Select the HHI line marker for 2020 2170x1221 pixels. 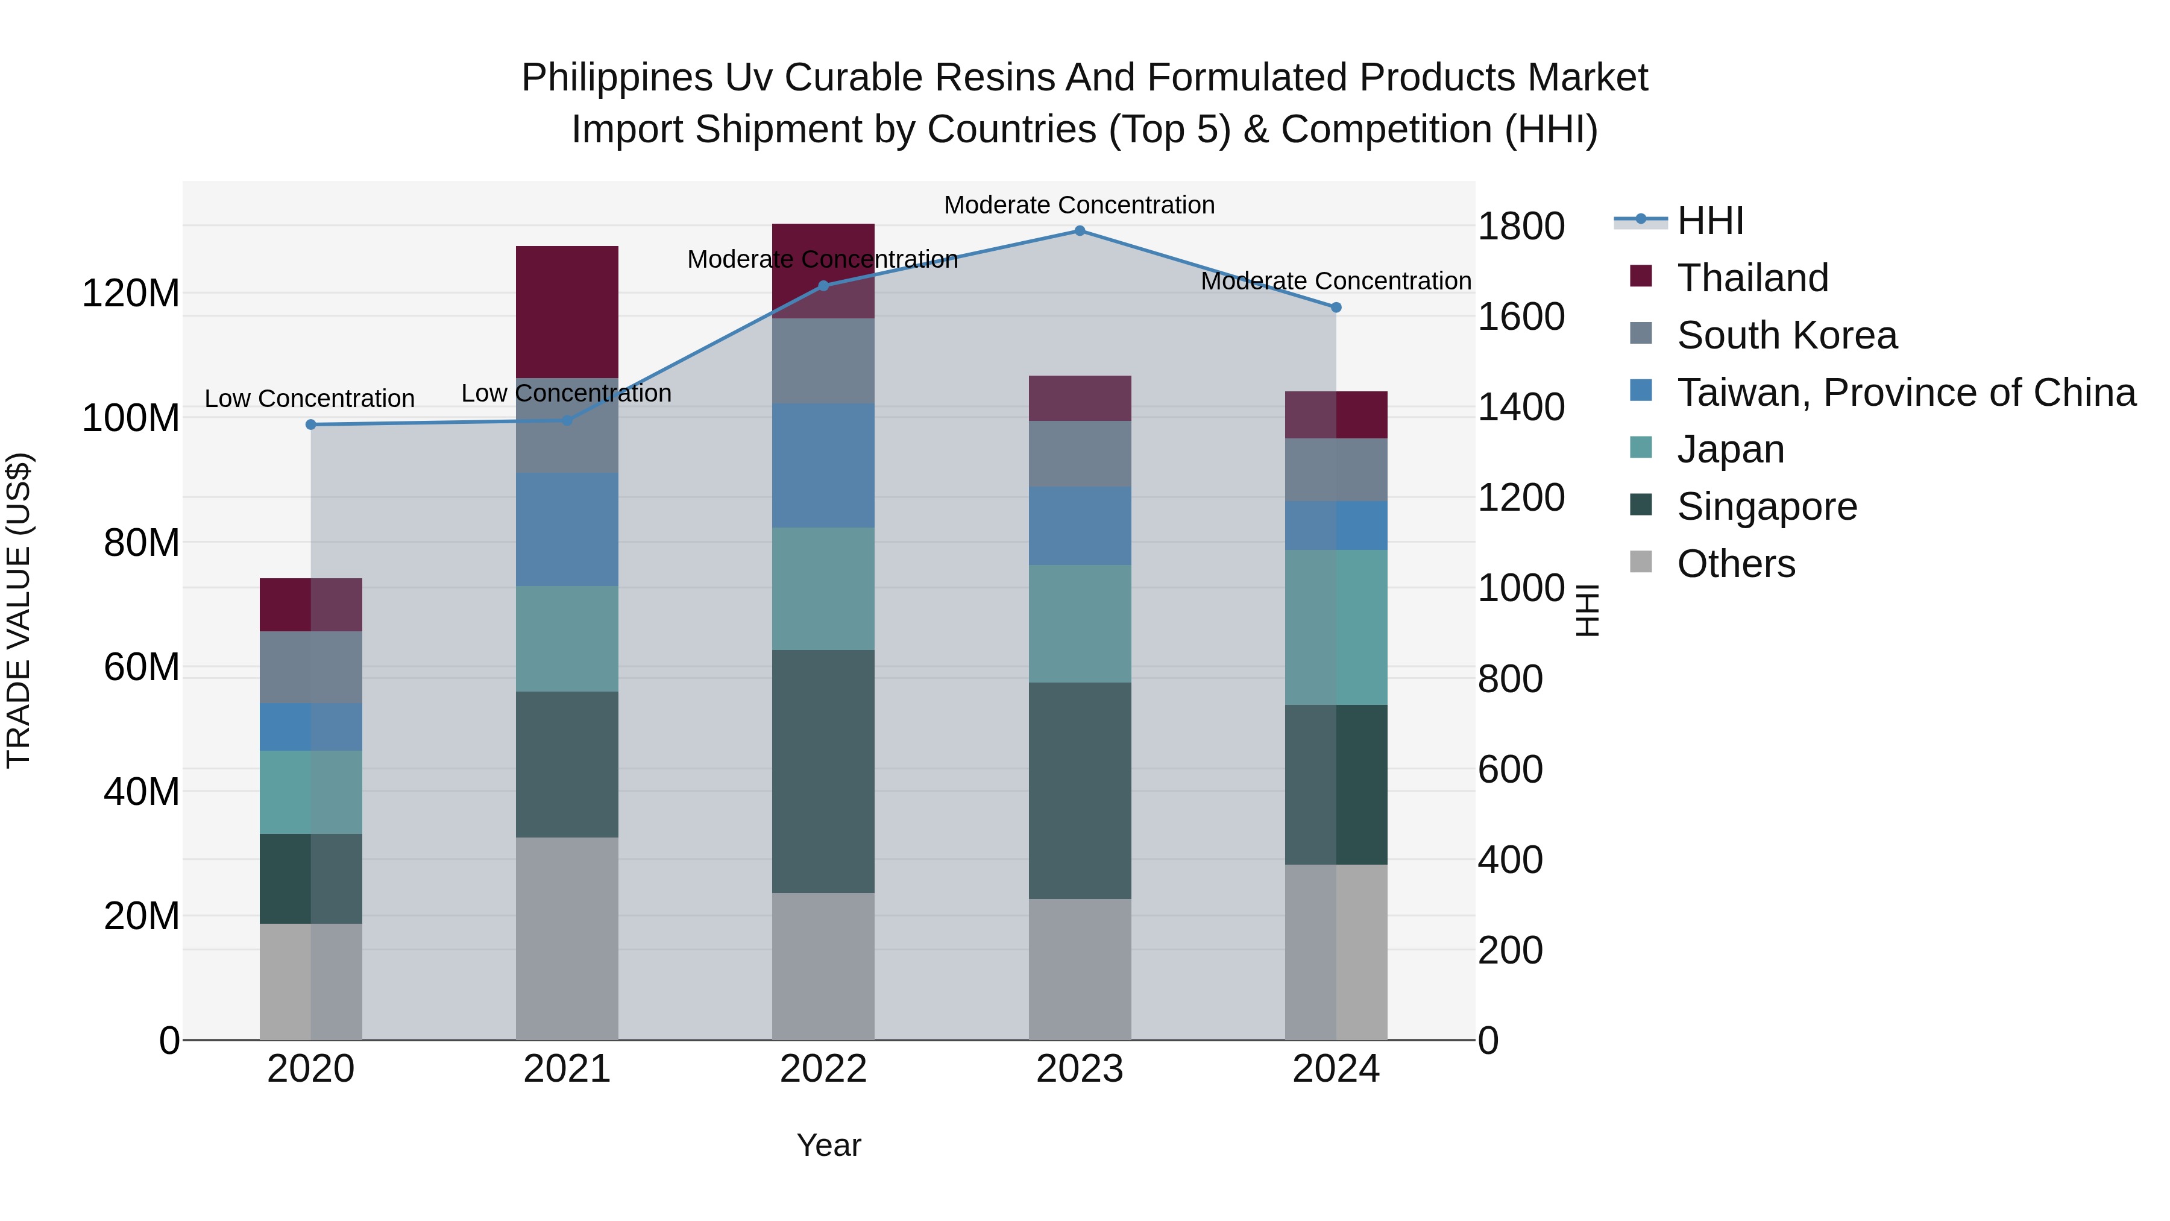[x=311, y=424]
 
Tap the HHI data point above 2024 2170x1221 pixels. [x=1335, y=308]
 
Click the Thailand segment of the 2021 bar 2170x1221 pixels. [x=567, y=312]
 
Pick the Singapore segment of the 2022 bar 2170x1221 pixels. [x=823, y=771]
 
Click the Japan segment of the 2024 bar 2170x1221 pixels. [x=1335, y=628]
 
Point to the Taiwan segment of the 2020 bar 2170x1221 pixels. [x=311, y=727]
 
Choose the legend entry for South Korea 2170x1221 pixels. [x=1786, y=335]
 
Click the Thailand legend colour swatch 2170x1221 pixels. [x=1641, y=276]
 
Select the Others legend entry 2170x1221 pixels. [x=1735, y=564]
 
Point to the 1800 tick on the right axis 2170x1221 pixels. [x=1521, y=227]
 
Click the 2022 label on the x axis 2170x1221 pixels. [x=823, y=1069]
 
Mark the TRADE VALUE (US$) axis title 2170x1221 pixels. [x=19, y=610]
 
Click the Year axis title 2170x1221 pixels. [x=828, y=1145]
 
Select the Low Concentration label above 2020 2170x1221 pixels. [x=309, y=399]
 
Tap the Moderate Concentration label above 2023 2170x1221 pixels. [x=1078, y=205]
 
